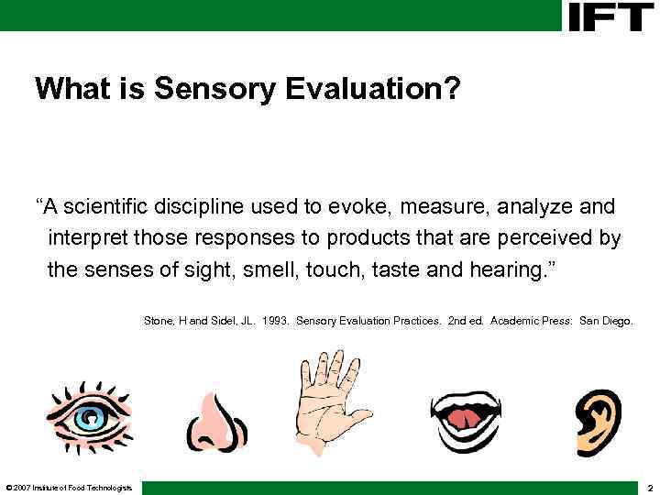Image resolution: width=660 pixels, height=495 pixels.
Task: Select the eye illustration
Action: tap(90, 417)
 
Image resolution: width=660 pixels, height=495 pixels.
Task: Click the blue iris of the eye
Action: tap(89, 419)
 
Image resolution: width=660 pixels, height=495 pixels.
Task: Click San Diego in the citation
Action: tap(606, 321)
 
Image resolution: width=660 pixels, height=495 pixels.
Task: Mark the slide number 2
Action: tap(649, 488)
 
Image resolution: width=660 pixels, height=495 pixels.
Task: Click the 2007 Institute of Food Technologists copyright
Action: tap(70, 487)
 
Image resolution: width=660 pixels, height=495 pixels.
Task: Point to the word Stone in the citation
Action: tap(159, 321)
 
